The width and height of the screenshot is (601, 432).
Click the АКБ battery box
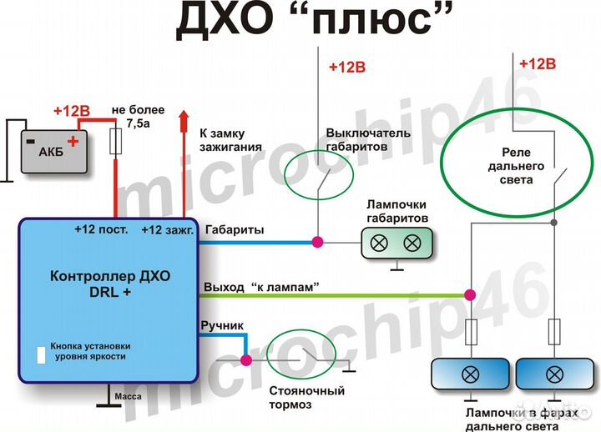pos(54,151)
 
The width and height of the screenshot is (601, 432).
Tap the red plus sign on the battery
pos(73,141)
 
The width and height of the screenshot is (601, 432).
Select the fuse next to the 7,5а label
pos(116,141)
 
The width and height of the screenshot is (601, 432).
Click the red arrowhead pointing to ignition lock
pos(184,117)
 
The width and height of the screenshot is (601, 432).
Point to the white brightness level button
pos(41,355)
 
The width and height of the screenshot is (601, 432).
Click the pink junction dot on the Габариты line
pos(317,242)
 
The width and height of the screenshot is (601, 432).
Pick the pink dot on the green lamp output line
pos(470,295)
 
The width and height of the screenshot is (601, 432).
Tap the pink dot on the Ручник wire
pos(246,360)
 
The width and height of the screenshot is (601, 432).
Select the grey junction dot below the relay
pos(553,222)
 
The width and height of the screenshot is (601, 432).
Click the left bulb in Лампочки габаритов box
pos(380,243)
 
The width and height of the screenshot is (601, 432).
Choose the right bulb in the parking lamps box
pos(412,243)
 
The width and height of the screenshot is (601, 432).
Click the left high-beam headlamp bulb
pos(470,374)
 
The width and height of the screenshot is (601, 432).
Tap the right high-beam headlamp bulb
pos(554,374)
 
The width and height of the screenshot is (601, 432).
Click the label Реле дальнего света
pos(516,166)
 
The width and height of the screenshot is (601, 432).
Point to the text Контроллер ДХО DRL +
pos(110,284)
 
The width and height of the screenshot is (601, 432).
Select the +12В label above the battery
pos(72,111)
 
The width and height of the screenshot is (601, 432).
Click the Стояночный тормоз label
pos(306,398)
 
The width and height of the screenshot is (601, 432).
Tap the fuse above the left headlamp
pos(471,332)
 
